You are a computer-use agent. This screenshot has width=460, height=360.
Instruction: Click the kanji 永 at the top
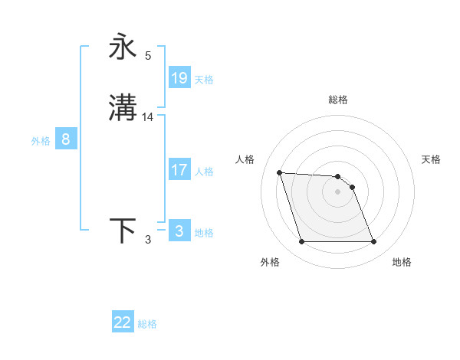tap(123, 47)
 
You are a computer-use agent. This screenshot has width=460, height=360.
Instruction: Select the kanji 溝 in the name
tap(123, 108)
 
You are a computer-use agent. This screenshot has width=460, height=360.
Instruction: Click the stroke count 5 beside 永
tap(148, 55)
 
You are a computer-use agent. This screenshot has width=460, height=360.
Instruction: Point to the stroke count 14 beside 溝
tap(148, 116)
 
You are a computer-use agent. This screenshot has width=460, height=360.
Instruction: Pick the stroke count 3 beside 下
tap(148, 240)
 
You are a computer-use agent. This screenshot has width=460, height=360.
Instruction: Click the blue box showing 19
tap(179, 77)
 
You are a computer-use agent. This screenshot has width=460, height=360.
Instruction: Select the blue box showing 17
tap(179, 170)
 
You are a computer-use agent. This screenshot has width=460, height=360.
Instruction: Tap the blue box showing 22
tap(123, 322)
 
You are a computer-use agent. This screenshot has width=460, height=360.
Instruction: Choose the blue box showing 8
tap(66, 139)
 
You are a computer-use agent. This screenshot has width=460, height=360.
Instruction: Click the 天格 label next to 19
tap(204, 79)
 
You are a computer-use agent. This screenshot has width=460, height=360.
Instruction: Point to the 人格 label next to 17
tap(204, 172)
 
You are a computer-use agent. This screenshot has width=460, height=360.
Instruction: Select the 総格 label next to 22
tap(147, 324)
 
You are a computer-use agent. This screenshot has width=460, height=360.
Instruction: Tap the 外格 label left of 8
tap(41, 141)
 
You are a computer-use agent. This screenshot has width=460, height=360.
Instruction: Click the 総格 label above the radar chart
tap(338, 100)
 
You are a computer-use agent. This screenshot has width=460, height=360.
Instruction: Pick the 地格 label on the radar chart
tap(402, 262)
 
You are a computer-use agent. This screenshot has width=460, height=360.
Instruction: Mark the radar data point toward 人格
tap(280, 172)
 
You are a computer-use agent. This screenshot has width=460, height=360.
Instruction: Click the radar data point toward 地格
tap(373, 242)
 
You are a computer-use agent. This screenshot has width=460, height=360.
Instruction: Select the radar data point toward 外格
tap(301, 242)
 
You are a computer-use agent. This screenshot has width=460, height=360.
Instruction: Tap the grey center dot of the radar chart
tap(337, 191)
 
